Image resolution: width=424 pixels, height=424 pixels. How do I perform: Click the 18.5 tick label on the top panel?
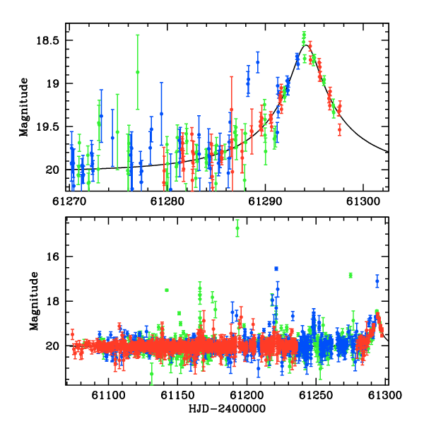pos(47,40)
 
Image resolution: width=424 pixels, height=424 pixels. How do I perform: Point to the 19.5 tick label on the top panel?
pos(47,126)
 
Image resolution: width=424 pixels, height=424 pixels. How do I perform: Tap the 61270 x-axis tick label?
pos(69,201)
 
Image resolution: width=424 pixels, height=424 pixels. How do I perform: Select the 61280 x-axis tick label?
pos(167,201)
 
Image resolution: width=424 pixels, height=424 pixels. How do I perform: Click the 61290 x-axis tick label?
pos(265,201)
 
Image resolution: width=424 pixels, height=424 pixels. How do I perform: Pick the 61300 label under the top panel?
pos(363,201)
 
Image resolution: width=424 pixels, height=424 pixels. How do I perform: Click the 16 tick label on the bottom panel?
pos(52,257)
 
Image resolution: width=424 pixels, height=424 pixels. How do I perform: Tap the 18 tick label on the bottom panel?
pos(52,301)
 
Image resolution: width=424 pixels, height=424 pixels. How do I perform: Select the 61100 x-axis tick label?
pos(108,395)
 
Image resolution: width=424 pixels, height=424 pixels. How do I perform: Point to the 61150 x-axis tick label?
pos(177,395)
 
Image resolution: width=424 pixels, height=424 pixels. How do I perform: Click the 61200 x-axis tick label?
pos(247,395)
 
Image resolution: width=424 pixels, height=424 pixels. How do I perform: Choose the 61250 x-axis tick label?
pos(316,395)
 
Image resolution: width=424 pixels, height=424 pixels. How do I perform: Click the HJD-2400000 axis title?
pos(227,408)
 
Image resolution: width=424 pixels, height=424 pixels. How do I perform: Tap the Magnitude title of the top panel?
pos(24,107)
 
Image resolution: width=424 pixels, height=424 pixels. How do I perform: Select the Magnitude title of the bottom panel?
pos(34,301)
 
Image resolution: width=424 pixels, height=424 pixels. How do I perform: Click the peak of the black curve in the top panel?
pos(305,45)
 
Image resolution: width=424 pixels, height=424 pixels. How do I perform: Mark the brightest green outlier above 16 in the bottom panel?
pos(237,228)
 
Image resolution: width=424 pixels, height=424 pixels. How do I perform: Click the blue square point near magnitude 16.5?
pos(276,269)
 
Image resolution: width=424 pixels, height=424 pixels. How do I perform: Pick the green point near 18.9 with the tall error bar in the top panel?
pos(138,72)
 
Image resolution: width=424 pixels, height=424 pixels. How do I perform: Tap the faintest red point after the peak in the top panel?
pos(340,129)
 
